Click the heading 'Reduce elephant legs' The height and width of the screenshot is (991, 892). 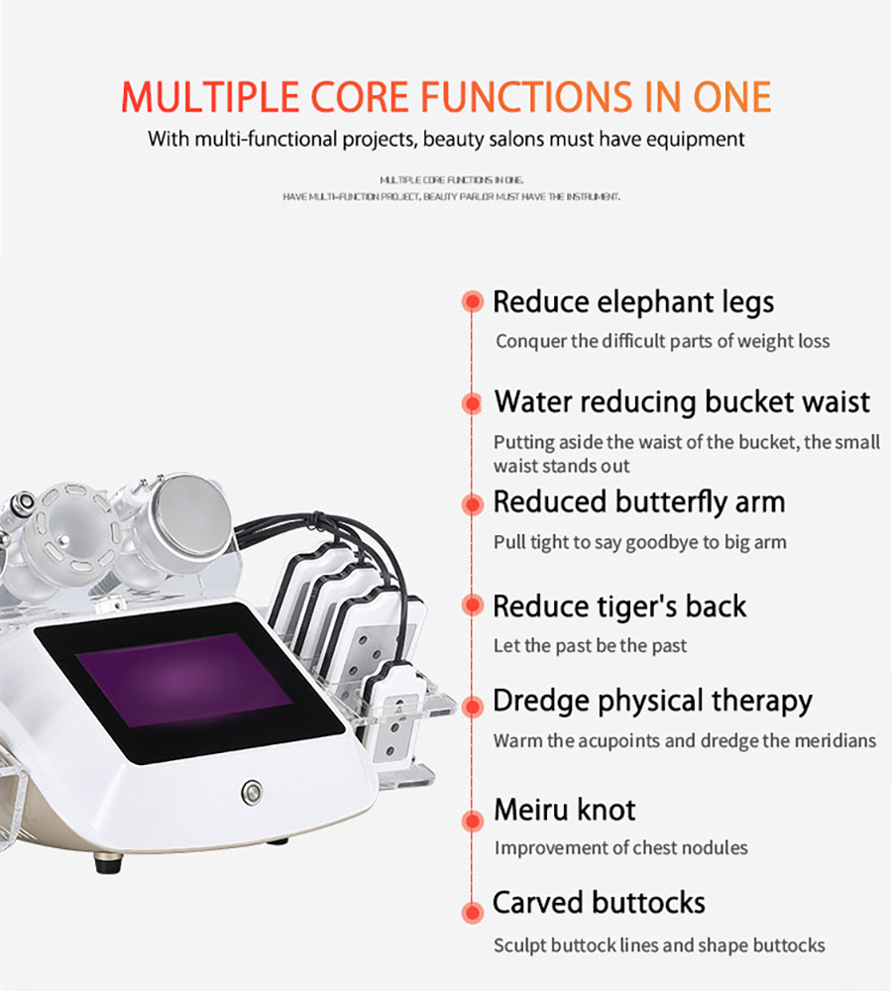coord(632,302)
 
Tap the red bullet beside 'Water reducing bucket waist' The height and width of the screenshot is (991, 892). coord(472,402)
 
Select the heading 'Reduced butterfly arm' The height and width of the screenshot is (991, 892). coord(638,503)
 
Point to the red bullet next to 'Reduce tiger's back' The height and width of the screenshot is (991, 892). coord(472,605)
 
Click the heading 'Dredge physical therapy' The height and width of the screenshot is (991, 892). coord(652,702)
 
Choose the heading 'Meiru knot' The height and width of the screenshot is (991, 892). coord(565,810)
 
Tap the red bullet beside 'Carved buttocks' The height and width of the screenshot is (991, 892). coord(472,912)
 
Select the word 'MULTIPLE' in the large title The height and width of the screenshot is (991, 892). coord(209,97)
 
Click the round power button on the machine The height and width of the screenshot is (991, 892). coord(253,791)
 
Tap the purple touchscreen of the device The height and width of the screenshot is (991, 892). coord(183,680)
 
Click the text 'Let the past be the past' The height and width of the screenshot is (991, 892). coord(590,646)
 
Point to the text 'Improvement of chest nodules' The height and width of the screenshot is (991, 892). coord(620,847)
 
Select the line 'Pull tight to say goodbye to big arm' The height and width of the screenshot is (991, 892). coord(639,542)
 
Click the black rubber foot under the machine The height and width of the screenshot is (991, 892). coord(109,863)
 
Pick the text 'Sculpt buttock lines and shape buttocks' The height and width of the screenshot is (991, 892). coord(659,945)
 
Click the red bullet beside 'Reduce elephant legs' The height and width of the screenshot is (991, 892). coord(472,301)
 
